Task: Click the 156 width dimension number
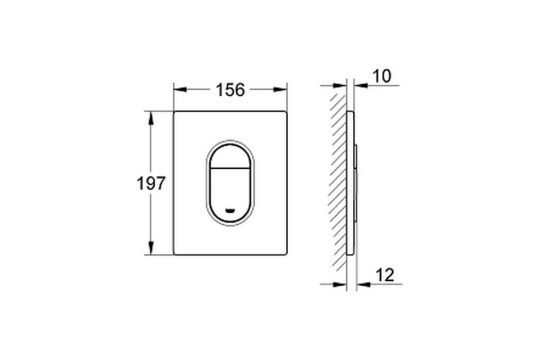[x=230, y=90]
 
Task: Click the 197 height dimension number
[x=151, y=183]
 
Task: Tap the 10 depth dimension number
[x=382, y=76]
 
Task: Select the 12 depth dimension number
[x=385, y=275]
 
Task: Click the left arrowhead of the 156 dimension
[x=180, y=90]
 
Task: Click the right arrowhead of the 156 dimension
[x=280, y=90]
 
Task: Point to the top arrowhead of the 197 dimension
[x=151, y=118]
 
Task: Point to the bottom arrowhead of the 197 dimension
[x=151, y=248]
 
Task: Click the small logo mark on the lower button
[x=230, y=211]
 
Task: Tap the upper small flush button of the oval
[x=230, y=156]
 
